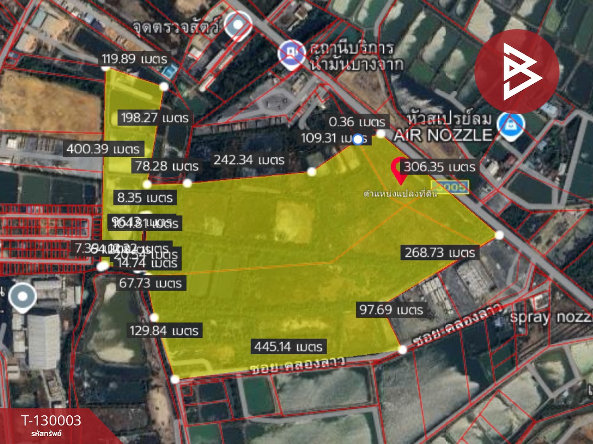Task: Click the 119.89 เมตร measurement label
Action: click(134, 59)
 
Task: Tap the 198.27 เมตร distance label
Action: click(155, 118)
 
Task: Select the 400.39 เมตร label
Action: click(103, 149)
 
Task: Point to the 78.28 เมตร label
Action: click(167, 166)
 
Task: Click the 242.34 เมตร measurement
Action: click(249, 160)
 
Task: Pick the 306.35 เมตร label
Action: click(439, 167)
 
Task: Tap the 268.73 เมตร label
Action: click(440, 253)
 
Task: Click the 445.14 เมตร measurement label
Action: click(288, 346)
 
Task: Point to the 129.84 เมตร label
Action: click(164, 331)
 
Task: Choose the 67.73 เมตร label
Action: click(151, 283)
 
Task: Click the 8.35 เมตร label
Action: click(145, 198)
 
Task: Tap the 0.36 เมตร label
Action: click(357, 122)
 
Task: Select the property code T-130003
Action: click(51, 420)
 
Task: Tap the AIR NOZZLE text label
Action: click(442, 135)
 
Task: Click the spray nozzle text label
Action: click(550, 317)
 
